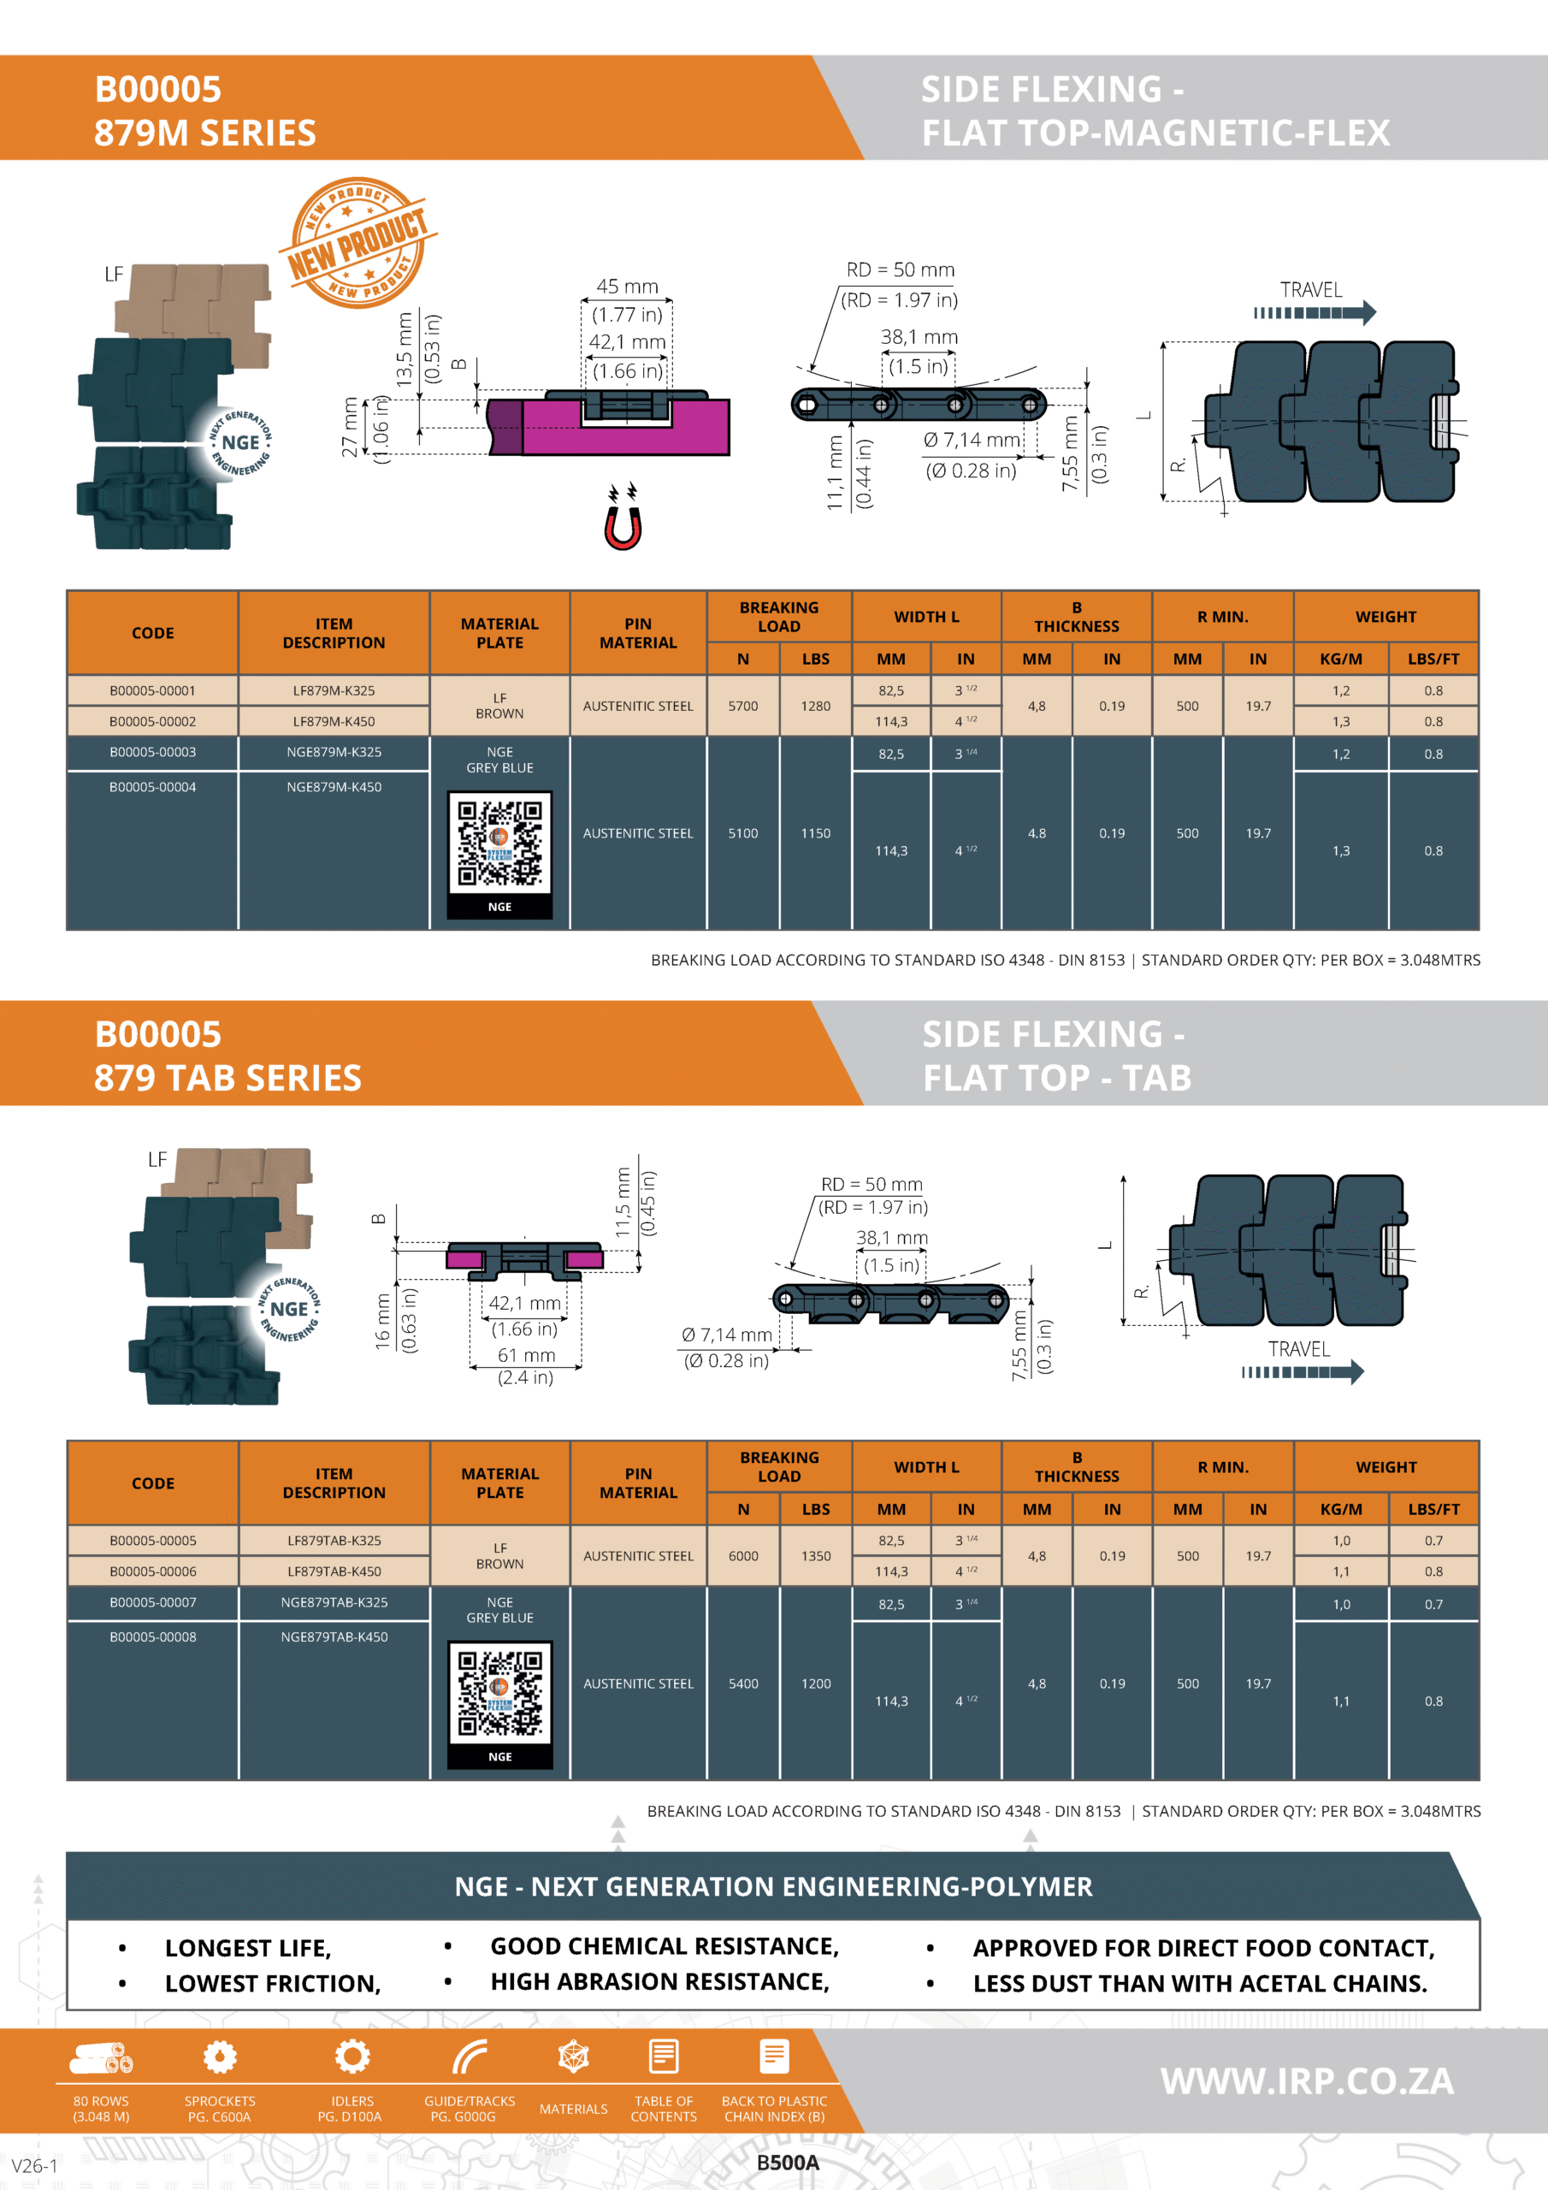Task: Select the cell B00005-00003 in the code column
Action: click(152, 753)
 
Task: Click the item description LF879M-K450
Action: click(334, 722)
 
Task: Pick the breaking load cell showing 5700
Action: click(743, 706)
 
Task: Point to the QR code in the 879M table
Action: click(499, 844)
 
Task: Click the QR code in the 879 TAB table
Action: click(499, 1694)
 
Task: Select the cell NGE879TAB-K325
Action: click(334, 1602)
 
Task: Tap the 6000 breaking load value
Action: click(743, 1556)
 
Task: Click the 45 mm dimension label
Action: click(628, 286)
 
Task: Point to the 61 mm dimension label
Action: click(525, 1355)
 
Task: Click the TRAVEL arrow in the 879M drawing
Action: click(1315, 313)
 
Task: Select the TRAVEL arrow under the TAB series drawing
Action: click(1303, 1372)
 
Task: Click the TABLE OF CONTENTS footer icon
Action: click(664, 2057)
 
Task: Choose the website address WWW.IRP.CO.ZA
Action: click(1307, 2081)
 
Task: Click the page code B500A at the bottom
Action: click(788, 2163)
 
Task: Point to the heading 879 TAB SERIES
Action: click(228, 1078)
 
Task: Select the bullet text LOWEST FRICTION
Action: click(273, 1984)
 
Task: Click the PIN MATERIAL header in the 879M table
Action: click(638, 633)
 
